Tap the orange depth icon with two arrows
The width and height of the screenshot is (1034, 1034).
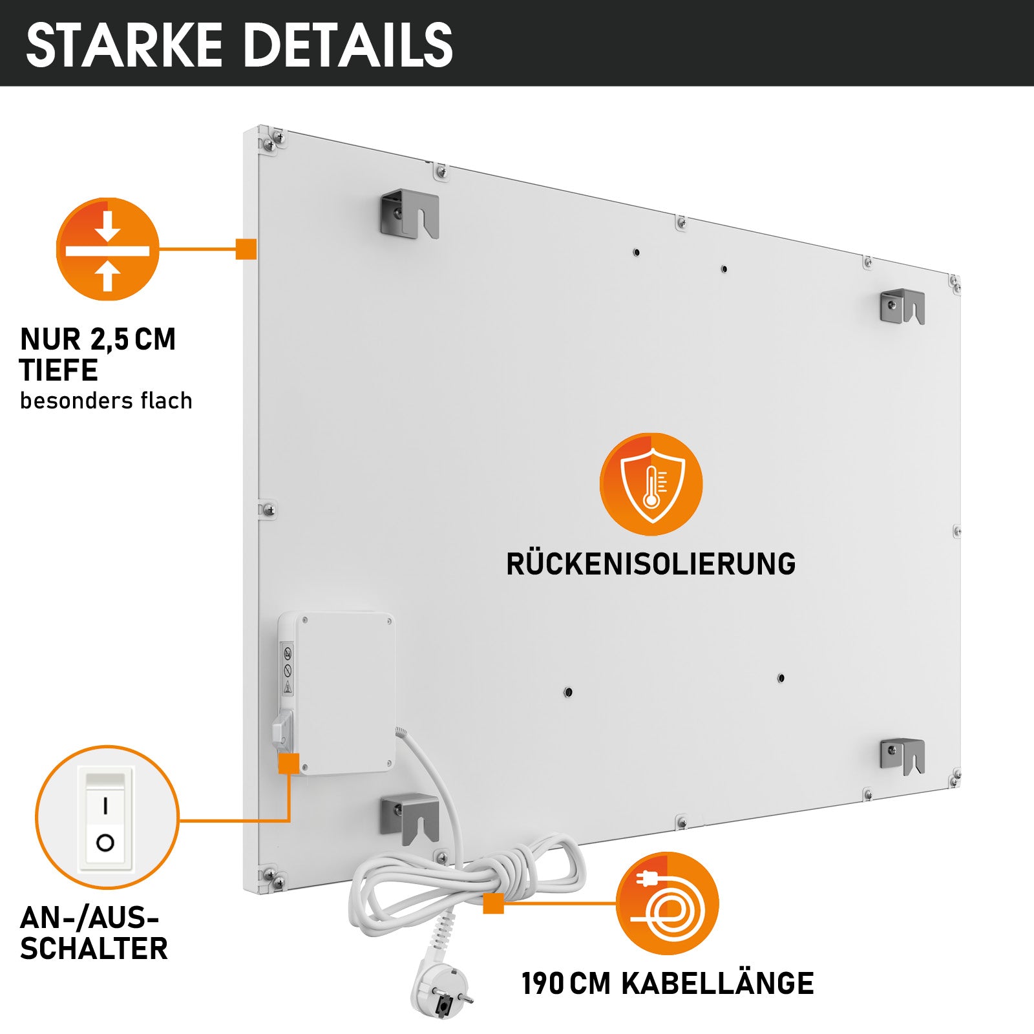[107, 249]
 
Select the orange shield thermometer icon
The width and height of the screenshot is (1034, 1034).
[651, 484]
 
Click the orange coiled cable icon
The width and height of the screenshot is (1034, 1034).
[667, 903]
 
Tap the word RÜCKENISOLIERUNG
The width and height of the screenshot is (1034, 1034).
[651, 564]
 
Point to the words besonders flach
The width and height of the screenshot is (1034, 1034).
[106, 401]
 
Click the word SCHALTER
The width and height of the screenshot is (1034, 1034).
[94, 949]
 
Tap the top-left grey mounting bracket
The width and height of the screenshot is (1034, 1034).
[410, 213]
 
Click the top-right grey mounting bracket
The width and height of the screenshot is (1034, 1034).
[903, 306]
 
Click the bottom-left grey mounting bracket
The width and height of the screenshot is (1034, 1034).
[410, 818]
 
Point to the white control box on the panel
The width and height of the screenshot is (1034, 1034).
[337, 693]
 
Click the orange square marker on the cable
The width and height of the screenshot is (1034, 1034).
[494, 903]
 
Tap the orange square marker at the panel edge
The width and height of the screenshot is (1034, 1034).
[246, 249]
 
